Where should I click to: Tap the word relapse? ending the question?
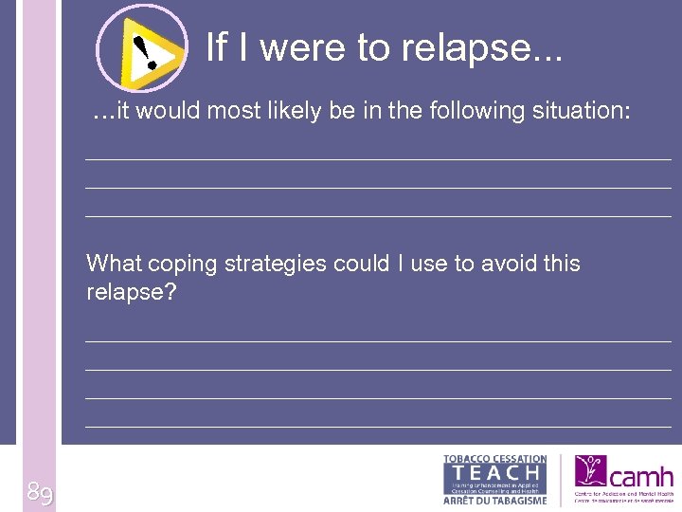[x=131, y=292]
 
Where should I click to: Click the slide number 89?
[x=40, y=492]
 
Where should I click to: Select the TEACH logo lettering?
[x=495, y=472]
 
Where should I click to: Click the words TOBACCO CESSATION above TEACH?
[x=494, y=459]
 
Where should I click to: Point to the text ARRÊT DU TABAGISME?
[x=494, y=501]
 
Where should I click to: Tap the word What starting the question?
[x=115, y=264]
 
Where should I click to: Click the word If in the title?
[x=216, y=46]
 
